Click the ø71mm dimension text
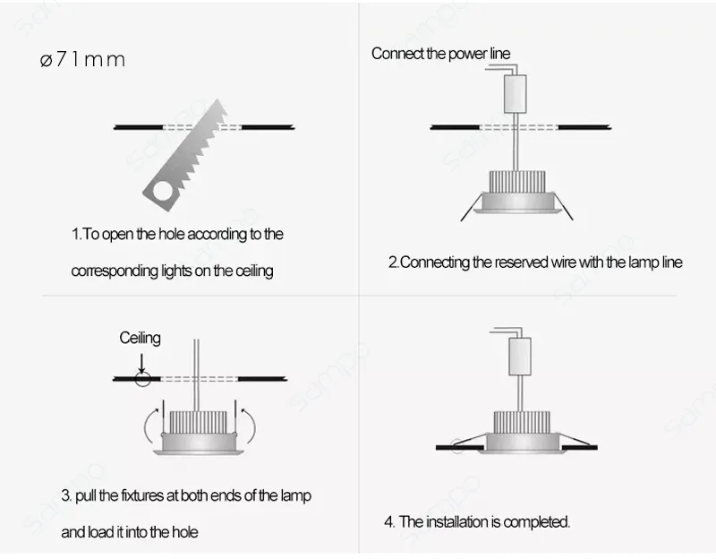click(x=82, y=60)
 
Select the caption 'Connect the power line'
click(x=440, y=54)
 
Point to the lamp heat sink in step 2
click(x=516, y=183)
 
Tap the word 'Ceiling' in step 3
click(x=141, y=338)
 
